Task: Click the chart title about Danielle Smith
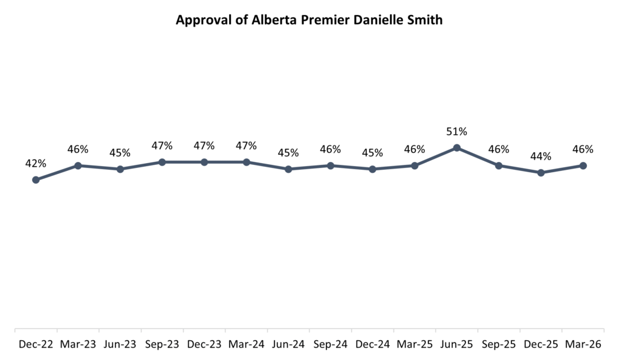(x=309, y=20)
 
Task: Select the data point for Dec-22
(x=36, y=179)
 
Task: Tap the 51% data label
(x=456, y=132)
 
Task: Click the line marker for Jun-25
(x=456, y=148)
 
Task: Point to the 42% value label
(x=36, y=164)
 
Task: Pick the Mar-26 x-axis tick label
(x=583, y=345)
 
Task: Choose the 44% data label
(x=540, y=156)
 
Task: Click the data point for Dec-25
(x=540, y=173)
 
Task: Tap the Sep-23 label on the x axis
(x=162, y=345)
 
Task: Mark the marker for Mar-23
(x=78, y=166)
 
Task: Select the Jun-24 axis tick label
(x=288, y=345)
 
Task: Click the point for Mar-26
(x=583, y=166)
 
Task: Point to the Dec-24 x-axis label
(x=372, y=345)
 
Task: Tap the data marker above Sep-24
(x=330, y=166)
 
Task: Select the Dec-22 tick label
(x=36, y=345)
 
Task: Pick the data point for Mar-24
(x=246, y=162)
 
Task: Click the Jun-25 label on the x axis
(x=456, y=345)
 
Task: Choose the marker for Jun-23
(x=120, y=169)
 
